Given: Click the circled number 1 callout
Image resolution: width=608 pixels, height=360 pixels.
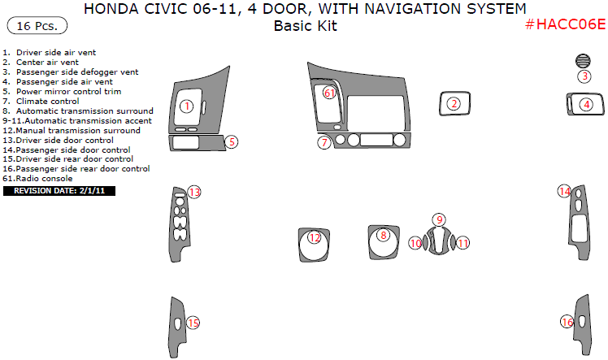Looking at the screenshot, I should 186,106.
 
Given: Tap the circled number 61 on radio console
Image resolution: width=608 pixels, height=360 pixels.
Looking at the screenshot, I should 329,93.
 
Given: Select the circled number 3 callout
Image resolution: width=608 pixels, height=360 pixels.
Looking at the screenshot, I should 584,76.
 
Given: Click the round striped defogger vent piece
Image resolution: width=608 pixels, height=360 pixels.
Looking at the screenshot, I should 584,60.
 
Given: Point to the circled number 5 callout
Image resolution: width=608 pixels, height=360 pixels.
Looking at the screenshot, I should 232,141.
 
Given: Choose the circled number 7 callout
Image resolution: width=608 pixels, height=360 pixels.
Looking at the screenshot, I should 324,142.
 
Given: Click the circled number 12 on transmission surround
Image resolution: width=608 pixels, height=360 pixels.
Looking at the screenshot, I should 315,237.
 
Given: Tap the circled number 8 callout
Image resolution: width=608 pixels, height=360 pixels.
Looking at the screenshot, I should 384,236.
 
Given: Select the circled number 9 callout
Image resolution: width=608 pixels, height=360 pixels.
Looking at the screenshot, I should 439,219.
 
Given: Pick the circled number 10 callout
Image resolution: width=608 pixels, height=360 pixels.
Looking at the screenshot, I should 415,243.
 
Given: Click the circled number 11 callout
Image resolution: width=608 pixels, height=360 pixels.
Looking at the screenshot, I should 463,243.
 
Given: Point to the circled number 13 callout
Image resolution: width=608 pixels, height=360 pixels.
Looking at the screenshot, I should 194,192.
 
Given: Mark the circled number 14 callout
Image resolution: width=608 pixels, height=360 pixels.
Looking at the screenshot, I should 564,191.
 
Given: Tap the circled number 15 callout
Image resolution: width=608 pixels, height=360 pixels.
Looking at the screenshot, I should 193,323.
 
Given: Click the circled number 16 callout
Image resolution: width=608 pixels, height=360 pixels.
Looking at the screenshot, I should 567,323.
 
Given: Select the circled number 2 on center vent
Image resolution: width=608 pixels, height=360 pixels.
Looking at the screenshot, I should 454,103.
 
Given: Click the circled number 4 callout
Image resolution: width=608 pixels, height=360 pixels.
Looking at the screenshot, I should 586,104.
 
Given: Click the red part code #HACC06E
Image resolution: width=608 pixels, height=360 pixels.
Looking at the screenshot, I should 565,24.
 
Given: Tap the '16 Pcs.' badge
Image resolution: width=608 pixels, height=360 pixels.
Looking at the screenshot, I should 37,26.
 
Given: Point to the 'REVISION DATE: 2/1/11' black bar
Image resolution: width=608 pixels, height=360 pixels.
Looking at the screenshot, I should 59,191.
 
